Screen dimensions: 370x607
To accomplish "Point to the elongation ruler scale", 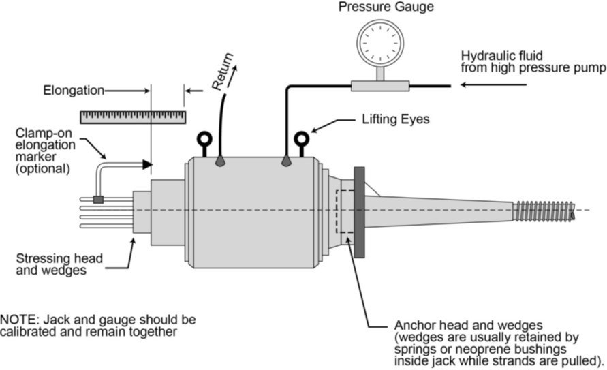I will tap(133, 117).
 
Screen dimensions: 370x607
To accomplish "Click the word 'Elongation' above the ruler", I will tap(73, 90).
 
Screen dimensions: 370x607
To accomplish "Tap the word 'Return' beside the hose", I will tap(222, 72).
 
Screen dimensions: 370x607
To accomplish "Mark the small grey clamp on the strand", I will tap(98, 200).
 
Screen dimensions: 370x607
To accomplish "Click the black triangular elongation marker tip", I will tap(146, 164).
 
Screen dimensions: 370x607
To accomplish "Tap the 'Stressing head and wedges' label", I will tap(59, 264).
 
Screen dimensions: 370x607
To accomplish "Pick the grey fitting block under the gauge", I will tap(379, 86).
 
